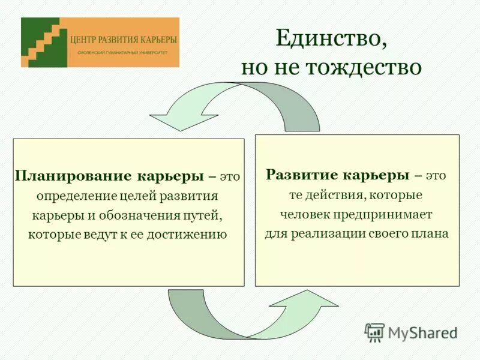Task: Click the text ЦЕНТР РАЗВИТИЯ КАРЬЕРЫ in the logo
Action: coord(123,40)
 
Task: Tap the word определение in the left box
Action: coord(71,196)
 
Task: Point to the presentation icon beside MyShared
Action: coord(375,332)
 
